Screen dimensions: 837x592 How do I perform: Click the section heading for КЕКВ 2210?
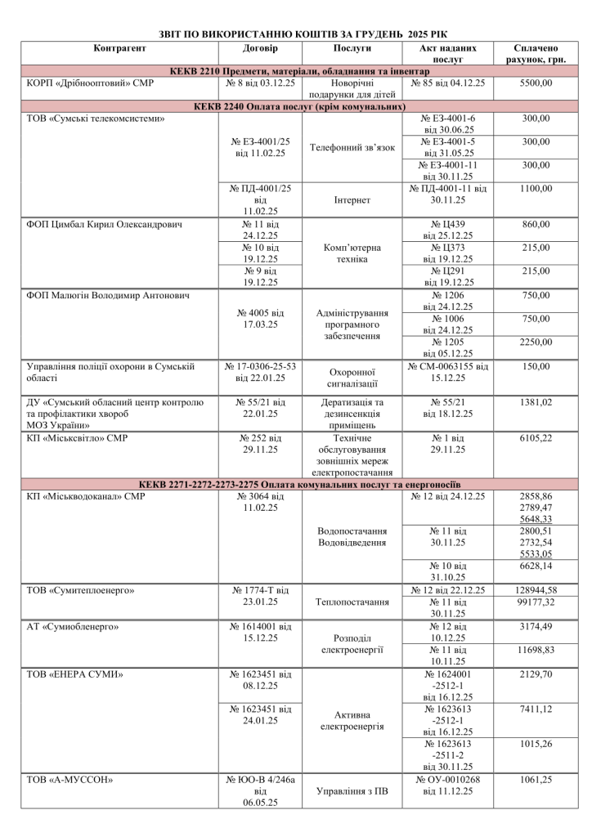tap(295, 72)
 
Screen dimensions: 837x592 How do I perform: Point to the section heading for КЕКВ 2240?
tap(295, 107)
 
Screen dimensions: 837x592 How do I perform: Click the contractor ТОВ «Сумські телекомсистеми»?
tap(96, 119)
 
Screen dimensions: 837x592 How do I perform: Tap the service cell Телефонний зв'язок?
tap(353, 148)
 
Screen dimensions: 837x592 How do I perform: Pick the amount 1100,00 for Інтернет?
tap(535, 189)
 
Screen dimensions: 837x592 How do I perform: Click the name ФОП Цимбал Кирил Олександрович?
tap(104, 224)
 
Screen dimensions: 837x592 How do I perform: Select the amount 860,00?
tap(535, 224)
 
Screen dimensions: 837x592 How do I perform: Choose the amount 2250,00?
tap(535, 342)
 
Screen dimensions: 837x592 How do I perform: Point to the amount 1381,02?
tap(535, 403)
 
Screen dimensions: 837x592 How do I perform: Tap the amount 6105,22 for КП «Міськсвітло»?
tap(535, 438)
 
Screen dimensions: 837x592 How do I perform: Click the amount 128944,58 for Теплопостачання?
tap(535, 590)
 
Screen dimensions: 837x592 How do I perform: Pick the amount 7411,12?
tap(535, 709)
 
